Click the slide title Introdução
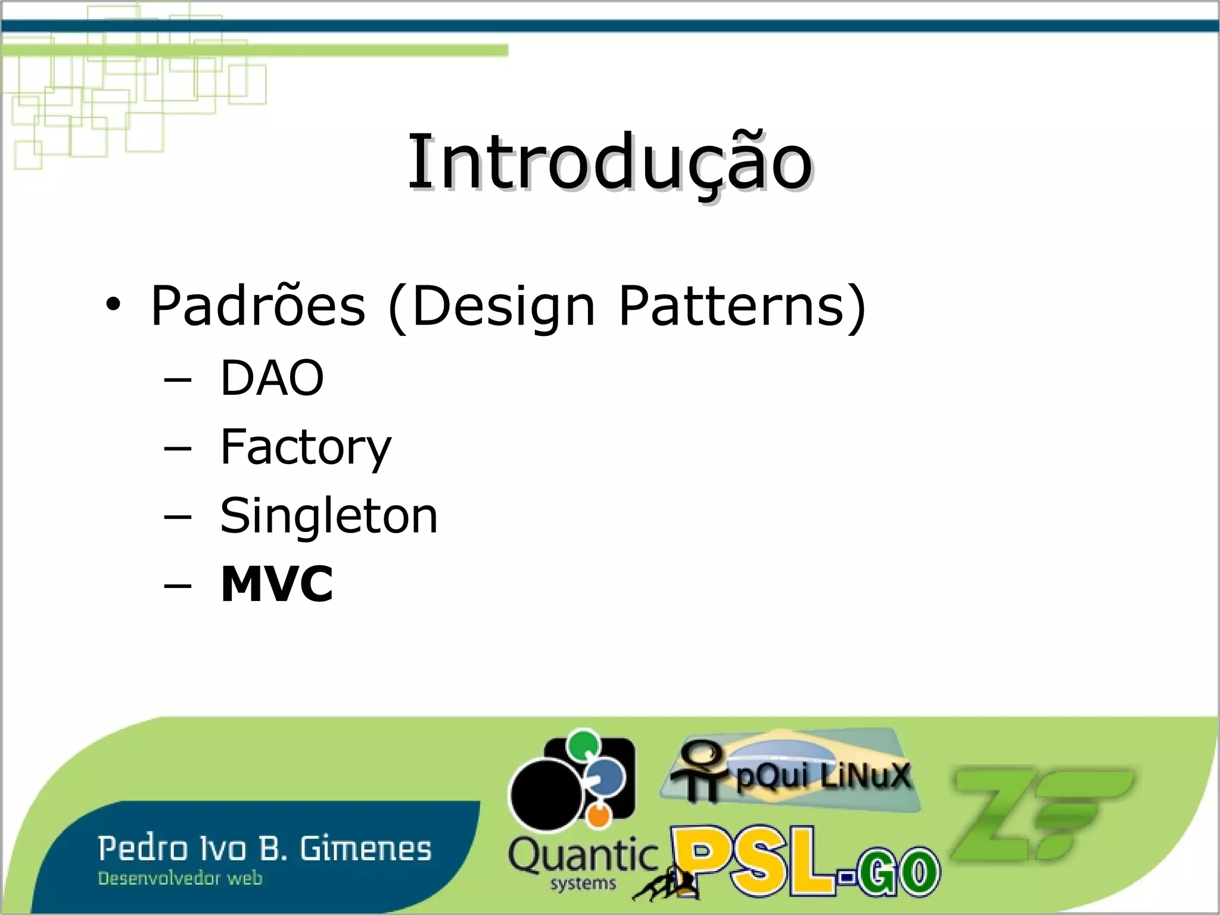tap(609, 162)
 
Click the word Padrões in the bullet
tap(257, 306)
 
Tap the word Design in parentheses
tap(503, 306)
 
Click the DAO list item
tap(272, 378)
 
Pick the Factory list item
tap(306, 447)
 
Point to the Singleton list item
tap(329, 515)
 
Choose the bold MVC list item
tap(276, 584)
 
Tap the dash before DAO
tap(178, 379)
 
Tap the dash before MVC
tap(178, 586)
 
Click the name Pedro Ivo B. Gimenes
tap(264, 849)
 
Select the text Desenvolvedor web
tap(180, 879)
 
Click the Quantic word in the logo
tap(583, 857)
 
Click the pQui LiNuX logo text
tap(823, 776)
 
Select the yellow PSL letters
tap(755, 860)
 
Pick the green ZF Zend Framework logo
tap(1040, 813)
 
